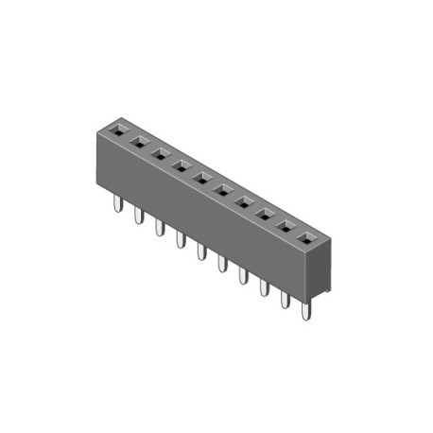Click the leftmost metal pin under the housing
(x=117, y=205)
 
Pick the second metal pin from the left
(x=138, y=216)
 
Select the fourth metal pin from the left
(x=180, y=240)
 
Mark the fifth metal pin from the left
(x=200, y=251)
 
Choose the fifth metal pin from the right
(x=222, y=263)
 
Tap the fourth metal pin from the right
(x=243, y=275)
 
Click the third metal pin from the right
(x=264, y=286)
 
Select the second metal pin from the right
(x=285, y=298)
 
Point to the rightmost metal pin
(x=305, y=309)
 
